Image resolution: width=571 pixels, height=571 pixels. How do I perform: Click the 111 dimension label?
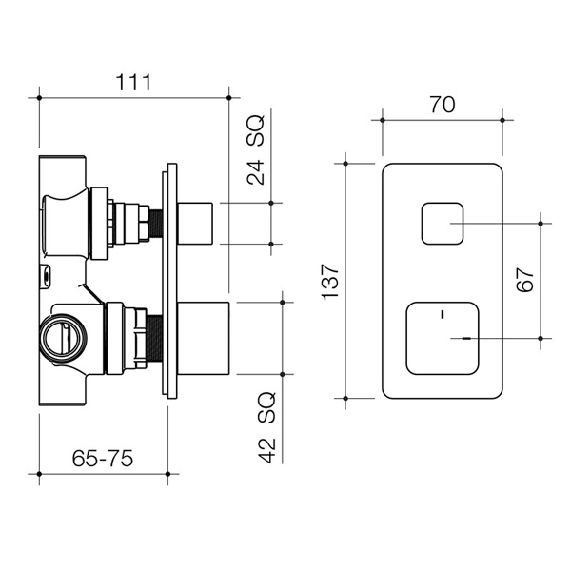coord(133,82)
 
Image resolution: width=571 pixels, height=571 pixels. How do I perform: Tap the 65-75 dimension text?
coord(102,458)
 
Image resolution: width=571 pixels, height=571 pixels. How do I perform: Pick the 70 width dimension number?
coord(442,106)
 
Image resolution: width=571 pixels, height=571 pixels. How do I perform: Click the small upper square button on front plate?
coord(441,225)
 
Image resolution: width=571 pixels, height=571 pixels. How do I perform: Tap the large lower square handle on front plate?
coord(441,338)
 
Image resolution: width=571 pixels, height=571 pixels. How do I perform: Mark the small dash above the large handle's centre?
coord(441,311)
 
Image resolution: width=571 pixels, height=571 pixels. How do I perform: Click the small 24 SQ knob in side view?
coord(199,224)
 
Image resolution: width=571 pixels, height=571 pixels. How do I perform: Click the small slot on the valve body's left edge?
coord(44,278)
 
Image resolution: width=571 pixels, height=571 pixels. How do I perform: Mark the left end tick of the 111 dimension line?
coord(39,95)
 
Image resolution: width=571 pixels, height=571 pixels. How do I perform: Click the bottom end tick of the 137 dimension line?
coord(345,398)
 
